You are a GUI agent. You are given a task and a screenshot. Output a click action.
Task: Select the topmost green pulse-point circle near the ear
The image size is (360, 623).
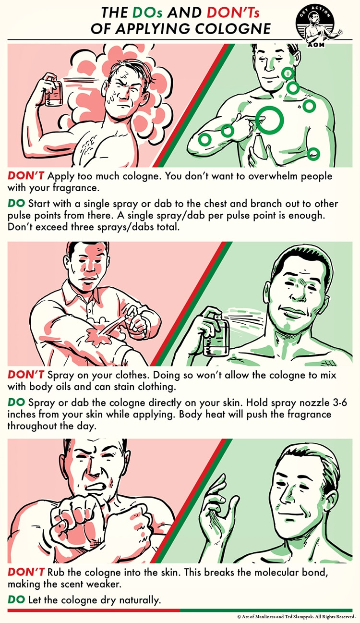tap(288, 73)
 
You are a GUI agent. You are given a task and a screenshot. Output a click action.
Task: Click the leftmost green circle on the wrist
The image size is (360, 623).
tap(205, 139)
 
